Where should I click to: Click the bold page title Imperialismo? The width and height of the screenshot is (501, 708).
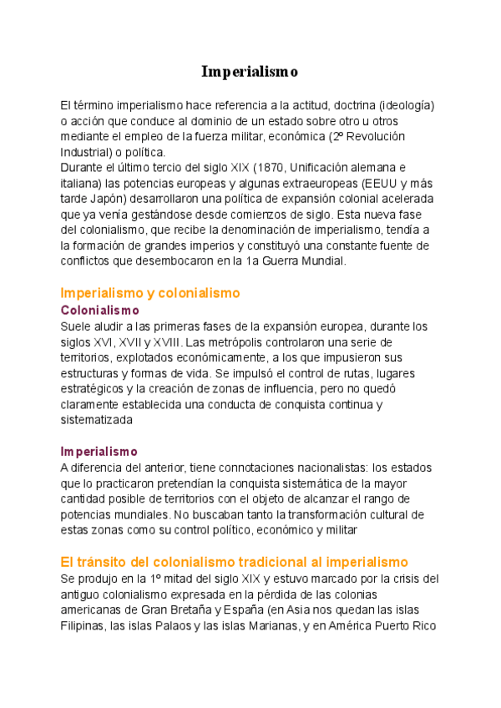click(250, 72)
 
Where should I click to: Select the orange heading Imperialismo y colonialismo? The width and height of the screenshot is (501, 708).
click(150, 293)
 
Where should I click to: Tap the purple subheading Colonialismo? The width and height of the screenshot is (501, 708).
click(100, 310)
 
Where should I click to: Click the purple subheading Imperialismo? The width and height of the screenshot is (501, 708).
click(99, 452)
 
